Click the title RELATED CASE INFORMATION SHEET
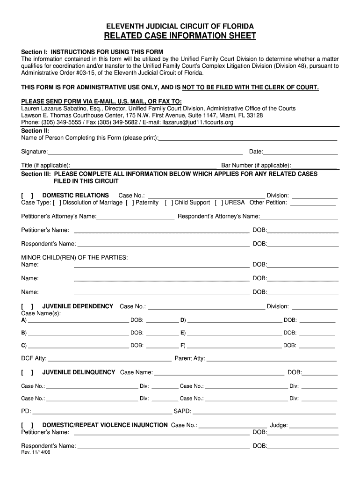pyautogui.click(x=180, y=36)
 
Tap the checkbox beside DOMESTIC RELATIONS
pyautogui.click(x=27, y=196)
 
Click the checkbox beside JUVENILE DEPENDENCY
pyautogui.click(x=27, y=306)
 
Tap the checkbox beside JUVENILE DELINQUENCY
pyautogui.click(x=27, y=372)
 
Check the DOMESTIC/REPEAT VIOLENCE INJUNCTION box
pyautogui.click(x=27, y=425)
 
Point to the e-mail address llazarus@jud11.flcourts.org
pyautogui.click(x=197, y=123)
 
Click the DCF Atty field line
pyautogui.click(x=109, y=359)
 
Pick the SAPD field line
pyautogui.click(x=264, y=412)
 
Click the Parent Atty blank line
pyautogui.click(x=271, y=359)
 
